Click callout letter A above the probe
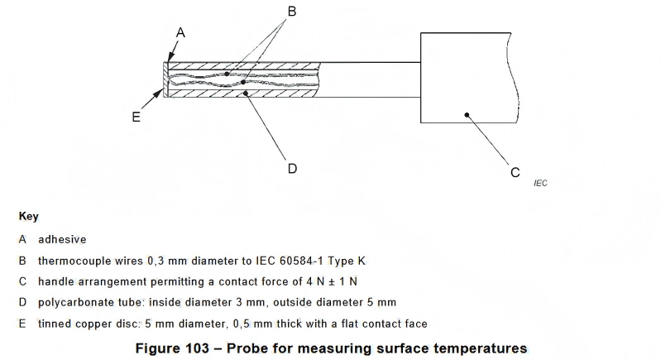tap(180, 33)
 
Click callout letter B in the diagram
tap(291, 12)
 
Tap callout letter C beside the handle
tap(515, 172)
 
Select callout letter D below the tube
tap(292, 168)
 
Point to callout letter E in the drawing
tap(137, 117)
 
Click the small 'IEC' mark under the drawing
tap(540, 183)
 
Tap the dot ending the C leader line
tap(467, 116)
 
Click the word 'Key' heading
tap(29, 216)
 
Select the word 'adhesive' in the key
tap(62, 239)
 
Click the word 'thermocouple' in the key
tap(74, 261)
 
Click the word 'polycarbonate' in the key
tap(76, 302)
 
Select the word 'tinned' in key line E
tap(55, 323)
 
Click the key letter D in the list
tap(22, 302)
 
